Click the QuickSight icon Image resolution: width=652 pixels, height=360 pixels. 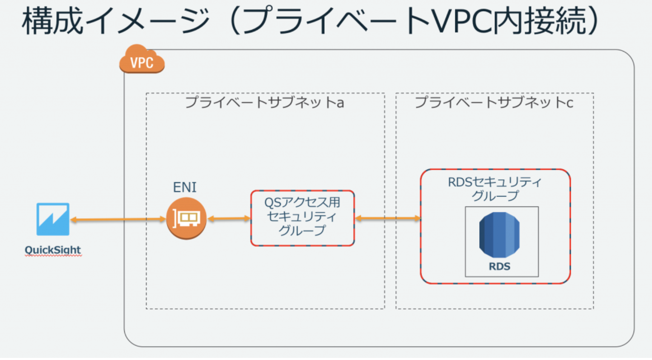(53, 219)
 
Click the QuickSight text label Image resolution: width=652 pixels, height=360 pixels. (53, 250)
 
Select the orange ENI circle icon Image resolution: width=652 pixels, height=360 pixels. (186, 219)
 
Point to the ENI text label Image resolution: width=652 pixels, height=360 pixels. (185, 187)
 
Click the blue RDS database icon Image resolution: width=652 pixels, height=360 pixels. (500, 235)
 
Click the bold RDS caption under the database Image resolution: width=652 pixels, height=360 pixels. (500, 267)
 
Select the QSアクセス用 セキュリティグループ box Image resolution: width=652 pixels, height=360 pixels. (303, 218)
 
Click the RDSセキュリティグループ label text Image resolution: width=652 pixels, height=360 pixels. (495, 189)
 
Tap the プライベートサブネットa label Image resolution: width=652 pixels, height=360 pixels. (264, 103)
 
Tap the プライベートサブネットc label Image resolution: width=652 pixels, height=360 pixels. (494, 103)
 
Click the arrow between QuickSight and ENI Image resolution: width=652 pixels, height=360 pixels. (118, 220)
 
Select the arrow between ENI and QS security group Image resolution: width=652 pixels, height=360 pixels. (229, 219)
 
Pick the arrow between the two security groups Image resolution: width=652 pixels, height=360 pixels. (388, 218)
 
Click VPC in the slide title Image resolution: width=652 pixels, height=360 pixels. (461, 21)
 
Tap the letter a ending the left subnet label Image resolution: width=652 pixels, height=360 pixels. (340, 103)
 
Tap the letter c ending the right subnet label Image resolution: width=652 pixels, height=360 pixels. (569, 103)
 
